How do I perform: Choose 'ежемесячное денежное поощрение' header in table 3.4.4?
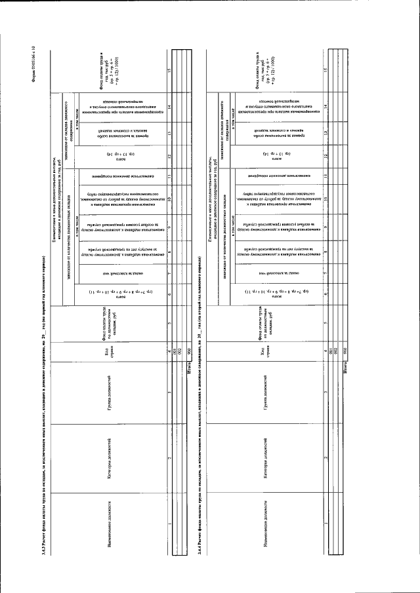(x=269, y=178)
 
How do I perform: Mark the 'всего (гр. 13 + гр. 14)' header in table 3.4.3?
(x=118, y=157)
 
